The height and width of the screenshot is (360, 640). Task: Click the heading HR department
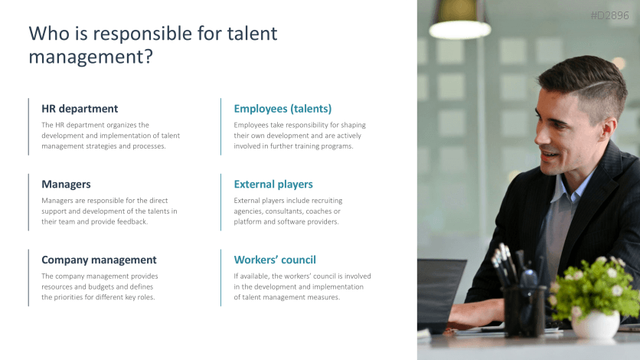pos(80,109)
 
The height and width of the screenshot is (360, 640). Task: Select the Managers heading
pos(66,185)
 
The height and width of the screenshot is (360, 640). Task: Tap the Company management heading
pos(99,260)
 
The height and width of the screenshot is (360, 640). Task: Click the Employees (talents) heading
pos(282,109)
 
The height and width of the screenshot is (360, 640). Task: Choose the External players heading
pos(273,185)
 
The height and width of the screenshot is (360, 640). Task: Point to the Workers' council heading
pos(275,260)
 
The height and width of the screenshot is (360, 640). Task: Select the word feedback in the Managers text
pos(130,222)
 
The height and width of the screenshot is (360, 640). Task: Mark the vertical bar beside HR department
pos(29,126)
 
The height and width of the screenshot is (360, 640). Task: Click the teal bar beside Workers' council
pos(221,277)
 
